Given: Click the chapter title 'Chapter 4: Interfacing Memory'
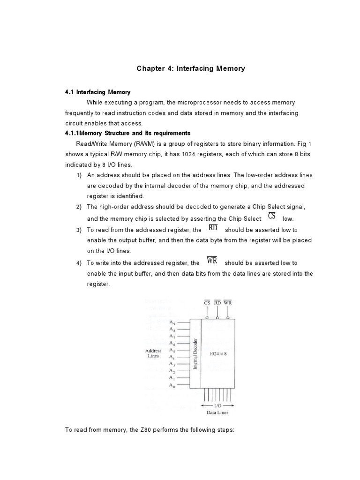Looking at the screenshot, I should [191, 68].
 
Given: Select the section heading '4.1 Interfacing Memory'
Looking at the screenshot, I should [97, 92].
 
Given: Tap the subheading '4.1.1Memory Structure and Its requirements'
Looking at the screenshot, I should [127, 133].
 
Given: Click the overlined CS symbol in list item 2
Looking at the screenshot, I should [272, 216].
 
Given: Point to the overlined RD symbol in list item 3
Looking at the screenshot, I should [213, 229].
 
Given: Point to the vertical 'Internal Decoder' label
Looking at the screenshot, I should [195, 353].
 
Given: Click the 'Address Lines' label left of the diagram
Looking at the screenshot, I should [153, 353].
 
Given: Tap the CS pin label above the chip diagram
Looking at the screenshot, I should [207, 303].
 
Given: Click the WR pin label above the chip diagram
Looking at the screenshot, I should [228, 303].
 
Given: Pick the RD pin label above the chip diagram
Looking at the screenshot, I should [217, 303].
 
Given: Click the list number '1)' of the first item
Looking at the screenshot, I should [79, 175].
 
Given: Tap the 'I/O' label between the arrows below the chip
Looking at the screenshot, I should [217, 405].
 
